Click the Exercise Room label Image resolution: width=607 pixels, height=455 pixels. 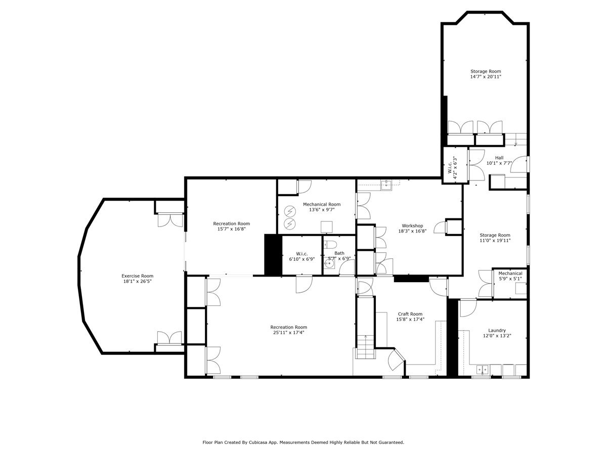click(x=137, y=276)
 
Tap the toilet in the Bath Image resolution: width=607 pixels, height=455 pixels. click(x=331, y=245)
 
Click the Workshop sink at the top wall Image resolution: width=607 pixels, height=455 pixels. click(x=386, y=184)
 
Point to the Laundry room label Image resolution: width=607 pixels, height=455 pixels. click(x=497, y=330)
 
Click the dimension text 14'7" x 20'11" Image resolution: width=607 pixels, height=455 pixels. click(x=486, y=77)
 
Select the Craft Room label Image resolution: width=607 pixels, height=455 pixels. click(x=410, y=313)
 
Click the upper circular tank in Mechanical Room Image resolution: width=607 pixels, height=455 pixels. click(x=290, y=211)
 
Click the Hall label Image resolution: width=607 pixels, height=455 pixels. click(x=499, y=158)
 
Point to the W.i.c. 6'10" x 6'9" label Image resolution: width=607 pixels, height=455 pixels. click(x=301, y=256)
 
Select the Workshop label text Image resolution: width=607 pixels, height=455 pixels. click(x=412, y=225)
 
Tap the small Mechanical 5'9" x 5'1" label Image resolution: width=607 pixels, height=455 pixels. click(x=510, y=276)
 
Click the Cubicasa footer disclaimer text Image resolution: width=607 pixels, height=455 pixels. click(x=303, y=442)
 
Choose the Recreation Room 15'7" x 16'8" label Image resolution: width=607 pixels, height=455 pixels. click(x=231, y=226)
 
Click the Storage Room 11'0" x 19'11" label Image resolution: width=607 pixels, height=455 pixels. click(x=495, y=238)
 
